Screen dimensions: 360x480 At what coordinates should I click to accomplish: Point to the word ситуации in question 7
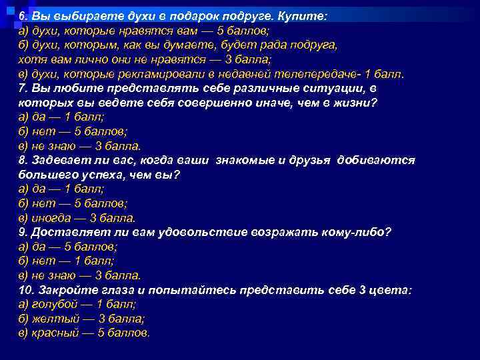337,89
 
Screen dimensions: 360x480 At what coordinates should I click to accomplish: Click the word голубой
53,305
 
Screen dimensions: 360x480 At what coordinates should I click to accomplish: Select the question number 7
23,89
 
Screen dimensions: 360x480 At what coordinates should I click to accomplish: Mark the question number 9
23,233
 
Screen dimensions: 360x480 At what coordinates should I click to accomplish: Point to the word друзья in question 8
314,161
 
